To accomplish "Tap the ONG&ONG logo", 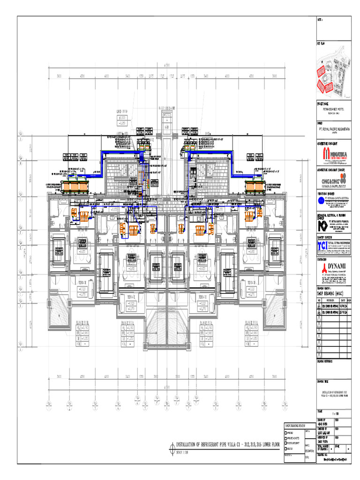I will pos(333,179).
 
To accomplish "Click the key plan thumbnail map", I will pos(333,74).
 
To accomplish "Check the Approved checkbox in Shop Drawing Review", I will pos(286,431).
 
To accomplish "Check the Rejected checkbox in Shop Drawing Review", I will pos(286,449).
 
